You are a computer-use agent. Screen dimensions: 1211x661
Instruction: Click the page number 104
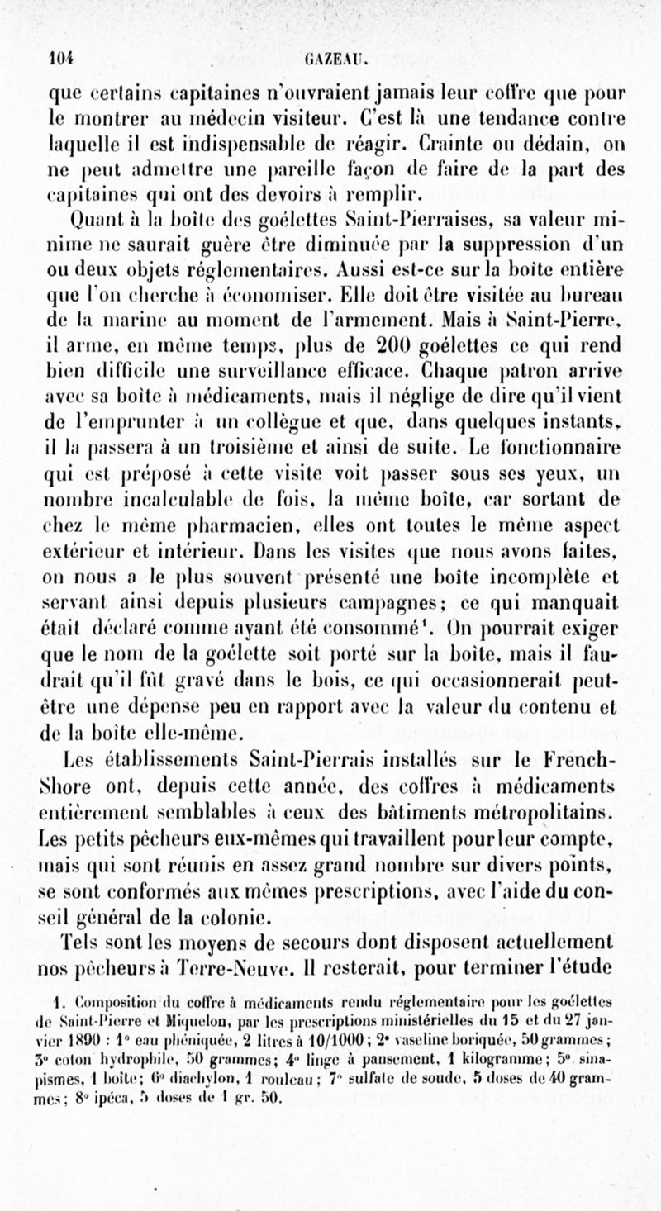pos(60,59)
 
